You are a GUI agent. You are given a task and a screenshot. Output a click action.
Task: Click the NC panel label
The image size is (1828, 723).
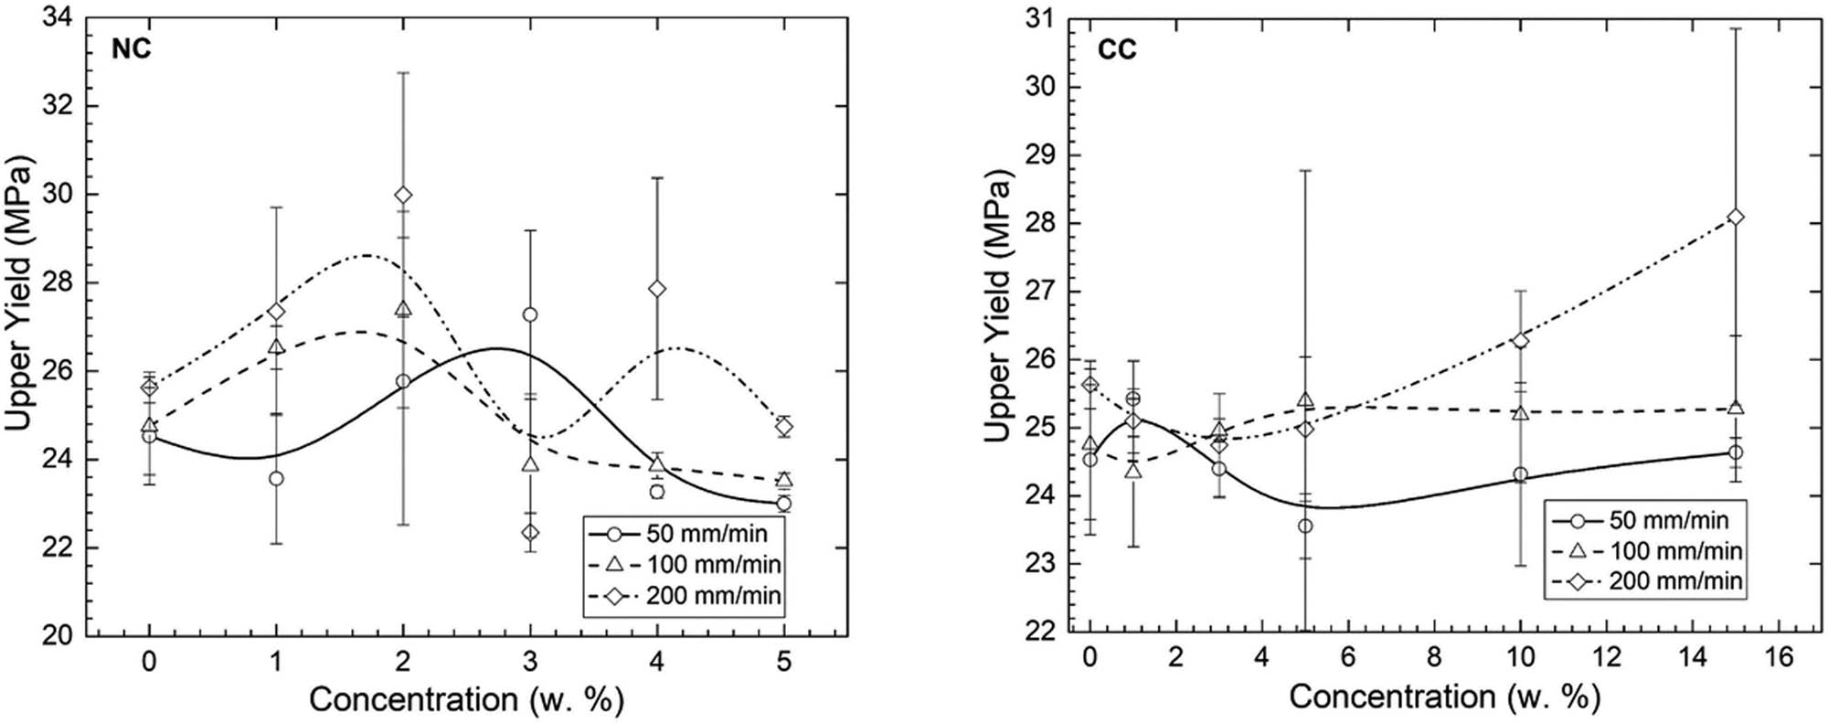tap(132, 48)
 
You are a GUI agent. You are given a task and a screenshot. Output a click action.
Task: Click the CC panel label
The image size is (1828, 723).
tap(1117, 49)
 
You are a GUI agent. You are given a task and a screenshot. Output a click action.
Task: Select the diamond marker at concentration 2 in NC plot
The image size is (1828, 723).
tap(403, 195)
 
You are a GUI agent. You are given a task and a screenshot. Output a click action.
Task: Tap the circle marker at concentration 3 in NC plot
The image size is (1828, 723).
tap(530, 314)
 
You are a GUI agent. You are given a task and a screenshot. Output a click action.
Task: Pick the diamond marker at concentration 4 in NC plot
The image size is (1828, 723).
tap(657, 289)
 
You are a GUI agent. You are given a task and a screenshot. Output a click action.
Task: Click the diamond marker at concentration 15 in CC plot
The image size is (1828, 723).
tap(1736, 217)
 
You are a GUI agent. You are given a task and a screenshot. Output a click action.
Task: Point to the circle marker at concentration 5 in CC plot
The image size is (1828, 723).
tap(1305, 526)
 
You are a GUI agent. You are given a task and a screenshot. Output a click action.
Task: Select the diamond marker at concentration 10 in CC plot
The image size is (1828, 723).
tap(1520, 340)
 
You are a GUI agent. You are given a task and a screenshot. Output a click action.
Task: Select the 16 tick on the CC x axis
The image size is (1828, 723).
tap(1779, 657)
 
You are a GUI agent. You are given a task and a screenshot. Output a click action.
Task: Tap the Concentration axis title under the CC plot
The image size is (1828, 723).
tap(1444, 697)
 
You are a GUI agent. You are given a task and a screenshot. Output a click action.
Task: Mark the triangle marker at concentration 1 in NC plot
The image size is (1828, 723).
tap(276, 347)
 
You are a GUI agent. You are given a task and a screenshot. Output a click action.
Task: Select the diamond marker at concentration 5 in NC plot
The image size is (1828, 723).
tap(783, 426)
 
